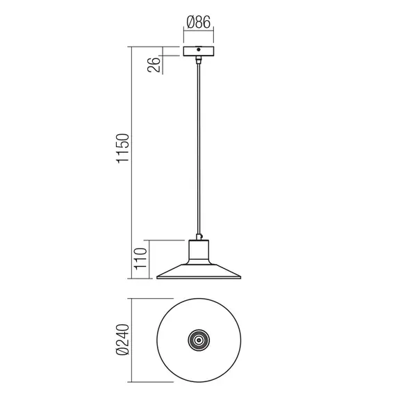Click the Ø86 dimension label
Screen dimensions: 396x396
point(198,22)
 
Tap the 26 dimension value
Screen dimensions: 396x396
point(154,65)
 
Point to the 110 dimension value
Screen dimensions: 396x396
point(140,258)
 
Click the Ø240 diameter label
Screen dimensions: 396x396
point(123,341)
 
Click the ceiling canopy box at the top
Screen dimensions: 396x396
point(198,51)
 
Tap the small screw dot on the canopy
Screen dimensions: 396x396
point(198,50)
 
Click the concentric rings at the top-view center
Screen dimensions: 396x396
point(198,340)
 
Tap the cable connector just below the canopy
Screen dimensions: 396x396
point(198,62)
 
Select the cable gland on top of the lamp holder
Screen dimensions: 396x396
point(198,236)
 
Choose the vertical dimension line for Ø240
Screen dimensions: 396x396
point(132,340)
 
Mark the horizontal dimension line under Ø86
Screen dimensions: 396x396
point(198,31)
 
